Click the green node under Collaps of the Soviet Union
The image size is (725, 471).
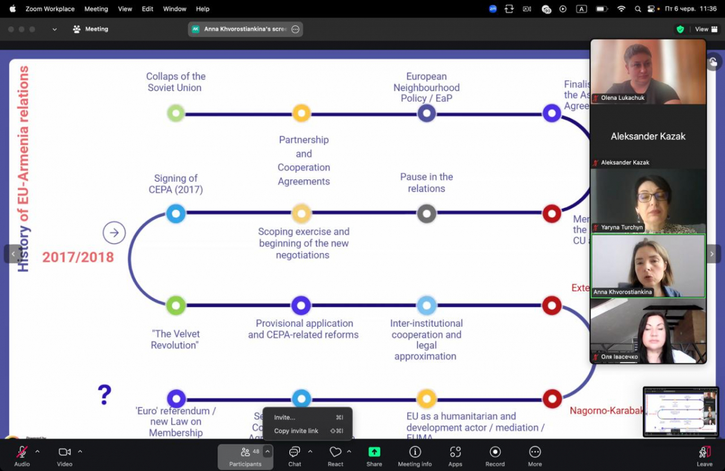tap(176, 113)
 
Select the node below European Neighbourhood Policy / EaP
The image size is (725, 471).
tap(427, 113)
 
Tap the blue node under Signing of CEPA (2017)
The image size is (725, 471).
tap(176, 213)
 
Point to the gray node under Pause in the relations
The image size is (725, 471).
tap(427, 213)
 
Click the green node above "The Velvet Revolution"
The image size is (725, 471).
tap(176, 305)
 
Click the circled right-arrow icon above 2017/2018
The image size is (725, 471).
tap(114, 233)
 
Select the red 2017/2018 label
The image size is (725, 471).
tap(78, 257)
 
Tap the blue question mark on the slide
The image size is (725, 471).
tap(105, 394)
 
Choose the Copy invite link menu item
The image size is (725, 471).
tap(296, 431)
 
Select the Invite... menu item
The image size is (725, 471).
tap(285, 417)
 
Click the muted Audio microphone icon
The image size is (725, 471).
tap(22, 452)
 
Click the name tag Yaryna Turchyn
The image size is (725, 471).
tap(622, 227)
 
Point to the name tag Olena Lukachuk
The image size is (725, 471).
tap(622, 97)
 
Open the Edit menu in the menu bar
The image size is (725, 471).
tap(147, 9)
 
